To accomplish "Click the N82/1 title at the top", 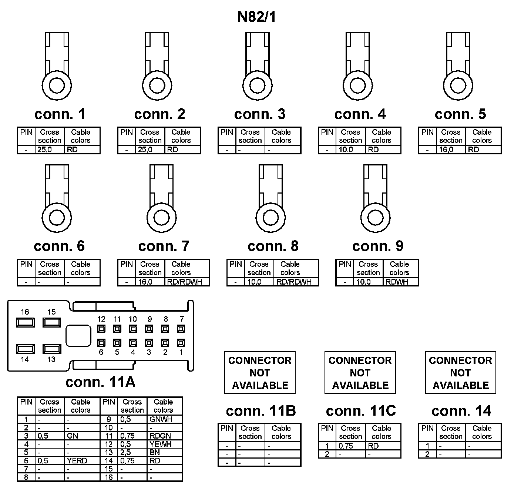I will point(256,17).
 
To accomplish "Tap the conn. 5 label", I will point(460,114).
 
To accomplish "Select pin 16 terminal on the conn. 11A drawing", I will point(25,322).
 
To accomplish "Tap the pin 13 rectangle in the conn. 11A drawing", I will point(51,349).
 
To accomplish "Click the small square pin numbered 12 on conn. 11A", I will point(101,328).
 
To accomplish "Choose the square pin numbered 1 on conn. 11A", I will point(181,343).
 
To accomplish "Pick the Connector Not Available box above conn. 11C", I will point(360,372).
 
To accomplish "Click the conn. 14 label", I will point(461,411).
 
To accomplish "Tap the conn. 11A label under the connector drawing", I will point(100,382).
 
